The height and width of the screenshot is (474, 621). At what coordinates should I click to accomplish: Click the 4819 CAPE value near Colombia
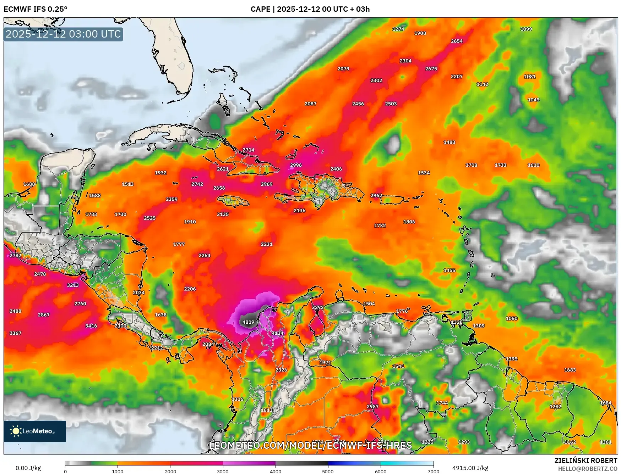[x=248, y=322]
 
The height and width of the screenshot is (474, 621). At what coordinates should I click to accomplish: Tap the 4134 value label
[x=278, y=333]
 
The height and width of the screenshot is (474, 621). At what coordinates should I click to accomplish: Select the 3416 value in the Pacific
[x=91, y=326]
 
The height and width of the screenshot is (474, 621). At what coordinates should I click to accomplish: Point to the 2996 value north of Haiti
[x=296, y=165]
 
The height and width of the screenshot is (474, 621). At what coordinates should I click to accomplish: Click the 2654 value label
[x=457, y=41]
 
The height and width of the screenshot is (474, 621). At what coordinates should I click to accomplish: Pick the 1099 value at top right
[x=526, y=29]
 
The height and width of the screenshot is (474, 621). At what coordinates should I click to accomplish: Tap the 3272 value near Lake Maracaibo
[x=318, y=307]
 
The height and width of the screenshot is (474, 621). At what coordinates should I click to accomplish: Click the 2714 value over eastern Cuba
[x=248, y=150]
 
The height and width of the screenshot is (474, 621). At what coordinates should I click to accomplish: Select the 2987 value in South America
[x=372, y=407]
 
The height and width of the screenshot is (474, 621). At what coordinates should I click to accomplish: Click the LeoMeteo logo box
[x=35, y=431]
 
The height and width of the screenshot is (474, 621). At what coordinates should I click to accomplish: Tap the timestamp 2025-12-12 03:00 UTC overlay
[x=63, y=34]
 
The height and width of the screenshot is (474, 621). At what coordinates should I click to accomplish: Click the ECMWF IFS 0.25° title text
[x=36, y=9]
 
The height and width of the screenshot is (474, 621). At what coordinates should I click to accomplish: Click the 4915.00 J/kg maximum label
[x=470, y=468]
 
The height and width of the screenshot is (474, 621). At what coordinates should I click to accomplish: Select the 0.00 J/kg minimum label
[x=28, y=468]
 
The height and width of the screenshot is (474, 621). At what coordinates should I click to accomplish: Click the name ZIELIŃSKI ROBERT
[x=586, y=461]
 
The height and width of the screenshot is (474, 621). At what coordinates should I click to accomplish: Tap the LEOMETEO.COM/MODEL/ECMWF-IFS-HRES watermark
[x=310, y=445]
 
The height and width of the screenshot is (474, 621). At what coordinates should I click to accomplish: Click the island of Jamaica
[x=233, y=202]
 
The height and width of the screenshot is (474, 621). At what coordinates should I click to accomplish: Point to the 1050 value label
[x=511, y=318]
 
